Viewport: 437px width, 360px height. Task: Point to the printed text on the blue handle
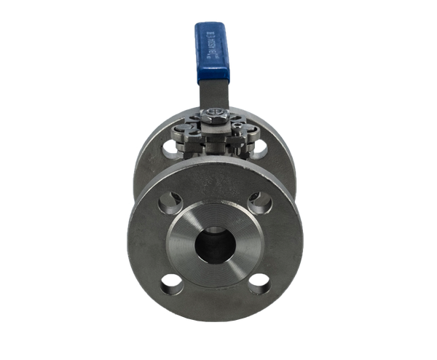(x=215, y=51)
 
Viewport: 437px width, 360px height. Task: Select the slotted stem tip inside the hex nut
(x=216, y=112)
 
